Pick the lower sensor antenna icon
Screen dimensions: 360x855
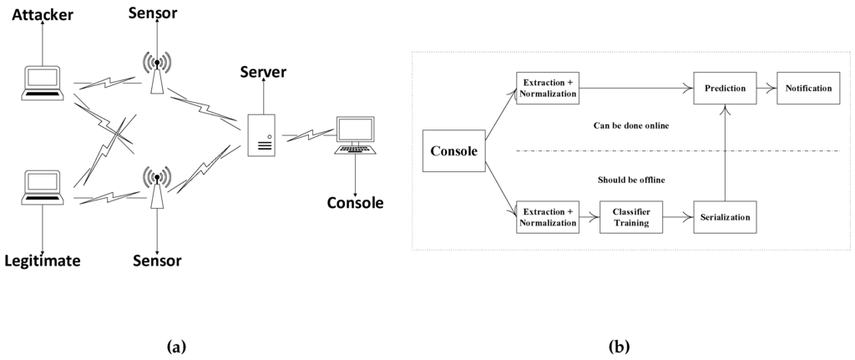point(156,188)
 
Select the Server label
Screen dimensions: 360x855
point(263,73)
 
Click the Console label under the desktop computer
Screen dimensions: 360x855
point(356,203)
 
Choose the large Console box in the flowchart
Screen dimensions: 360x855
point(453,151)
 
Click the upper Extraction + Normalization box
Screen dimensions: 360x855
point(548,88)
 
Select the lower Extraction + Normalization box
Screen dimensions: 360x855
point(548,217)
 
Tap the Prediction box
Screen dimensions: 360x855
point(724,88)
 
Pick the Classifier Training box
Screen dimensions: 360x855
point(632,217)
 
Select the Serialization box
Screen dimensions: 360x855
point(724,217)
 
